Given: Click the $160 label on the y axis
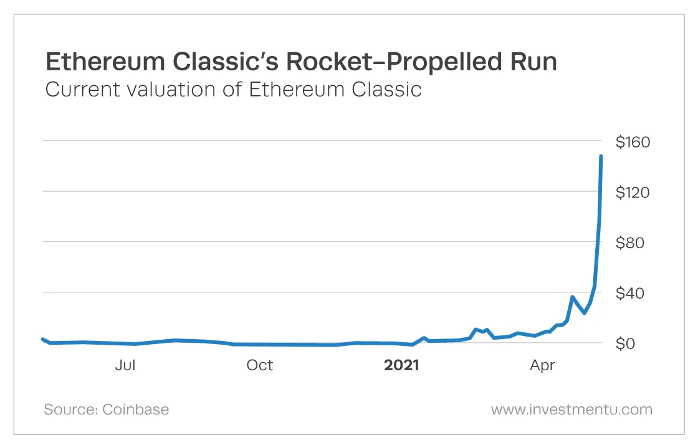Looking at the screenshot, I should pos(633,142).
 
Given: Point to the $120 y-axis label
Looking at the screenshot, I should pos(633,192).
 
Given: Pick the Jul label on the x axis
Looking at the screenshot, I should pos(125,365).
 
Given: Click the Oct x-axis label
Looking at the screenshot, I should pos(259,365).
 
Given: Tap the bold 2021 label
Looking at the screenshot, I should pos(401,365).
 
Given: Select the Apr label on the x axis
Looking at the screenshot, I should pos(542,365).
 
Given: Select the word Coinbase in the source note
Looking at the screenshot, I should pos(135,409).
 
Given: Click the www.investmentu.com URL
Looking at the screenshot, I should pos(571,409).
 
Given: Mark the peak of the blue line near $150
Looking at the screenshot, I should pos(601,156).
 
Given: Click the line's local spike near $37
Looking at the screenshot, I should pos(572,297).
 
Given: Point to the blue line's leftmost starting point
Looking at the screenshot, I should pos(42,339).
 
